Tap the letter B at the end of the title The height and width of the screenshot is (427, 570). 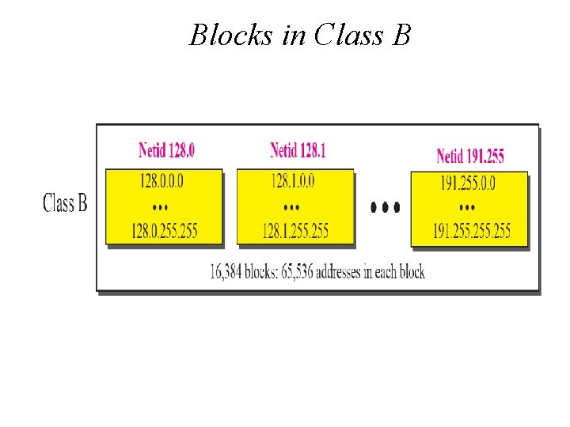pyautogui.click(x=401, y=35)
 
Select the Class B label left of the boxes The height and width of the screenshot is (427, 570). pyautogui.click(x=65, y=203)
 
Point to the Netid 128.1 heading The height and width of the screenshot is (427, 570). pyautogui.click(x=298, y=149)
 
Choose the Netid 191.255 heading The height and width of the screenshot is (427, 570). pyautogui.click(x=470, y=156)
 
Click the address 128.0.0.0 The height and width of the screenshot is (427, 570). pyautogui.click(x=161, y=181)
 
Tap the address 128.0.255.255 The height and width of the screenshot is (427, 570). pyautogui.click(x=165, y=231)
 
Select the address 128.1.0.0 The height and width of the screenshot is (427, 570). pyautogui.click(x=293, y=181)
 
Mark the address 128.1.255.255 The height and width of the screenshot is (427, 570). pyautogui.click(x=296, y=231)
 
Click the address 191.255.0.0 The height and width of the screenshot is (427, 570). pyautogui.click(x=468, y=184)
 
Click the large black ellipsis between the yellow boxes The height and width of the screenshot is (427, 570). pyautogui.click(x=386, y=208)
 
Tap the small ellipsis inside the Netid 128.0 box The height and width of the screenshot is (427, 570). pyautogui.click(x=160, y=206)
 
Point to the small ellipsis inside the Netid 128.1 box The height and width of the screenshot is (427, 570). pyautogui.click(x=291, y=206)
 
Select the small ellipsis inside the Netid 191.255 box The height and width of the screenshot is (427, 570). pyautogui.click(x=467, y=206)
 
